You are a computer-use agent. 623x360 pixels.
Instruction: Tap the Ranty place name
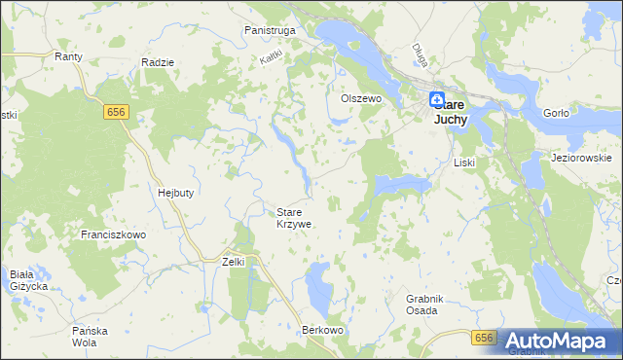pos(68,57)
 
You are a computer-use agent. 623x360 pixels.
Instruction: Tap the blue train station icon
pos(437,99)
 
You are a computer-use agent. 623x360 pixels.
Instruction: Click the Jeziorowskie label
pos(580,158)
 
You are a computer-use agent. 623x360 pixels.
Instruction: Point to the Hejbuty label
pos(176,193)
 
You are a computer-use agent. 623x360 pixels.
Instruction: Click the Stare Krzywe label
pos(294,218)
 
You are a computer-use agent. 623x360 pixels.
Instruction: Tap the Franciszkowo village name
pos(113,234)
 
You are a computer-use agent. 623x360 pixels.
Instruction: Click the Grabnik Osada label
pos(421,305)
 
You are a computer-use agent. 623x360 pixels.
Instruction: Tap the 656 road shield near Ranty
pos(116,113)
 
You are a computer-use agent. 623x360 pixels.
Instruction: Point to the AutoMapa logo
pos(559,341)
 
